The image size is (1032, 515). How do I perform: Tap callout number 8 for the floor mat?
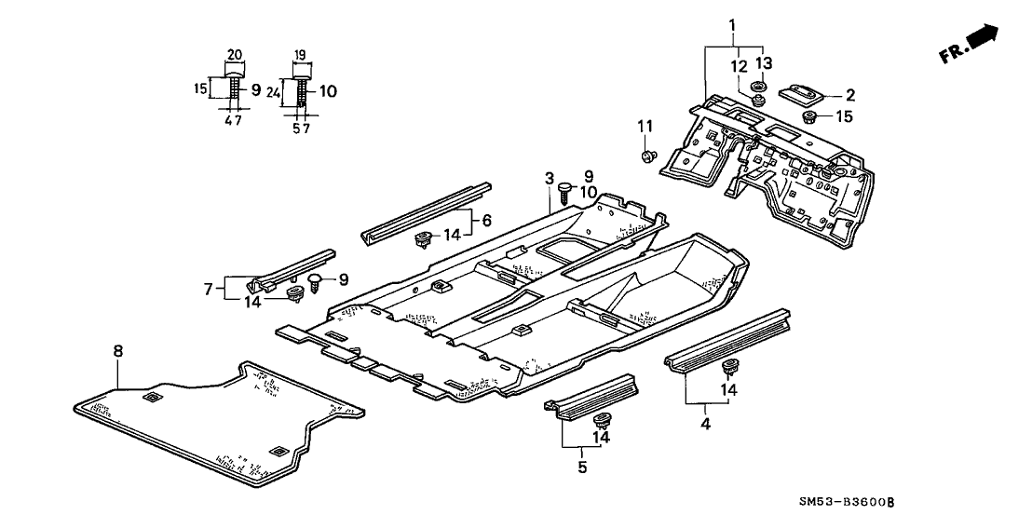[118, 351]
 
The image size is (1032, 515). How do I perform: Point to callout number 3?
[550, 178]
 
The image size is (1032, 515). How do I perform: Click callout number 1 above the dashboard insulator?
[733, 23]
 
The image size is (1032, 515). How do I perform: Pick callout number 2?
[849, 94]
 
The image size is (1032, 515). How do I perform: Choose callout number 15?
[843, 116]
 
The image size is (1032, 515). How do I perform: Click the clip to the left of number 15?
[810, 117]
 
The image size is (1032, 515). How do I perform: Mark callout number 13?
[764, 62]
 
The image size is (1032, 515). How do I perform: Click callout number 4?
[705, 425]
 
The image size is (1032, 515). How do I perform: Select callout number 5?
[582, 468]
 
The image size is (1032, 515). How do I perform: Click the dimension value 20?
[235, 54]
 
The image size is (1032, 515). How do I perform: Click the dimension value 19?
[300, 55]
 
